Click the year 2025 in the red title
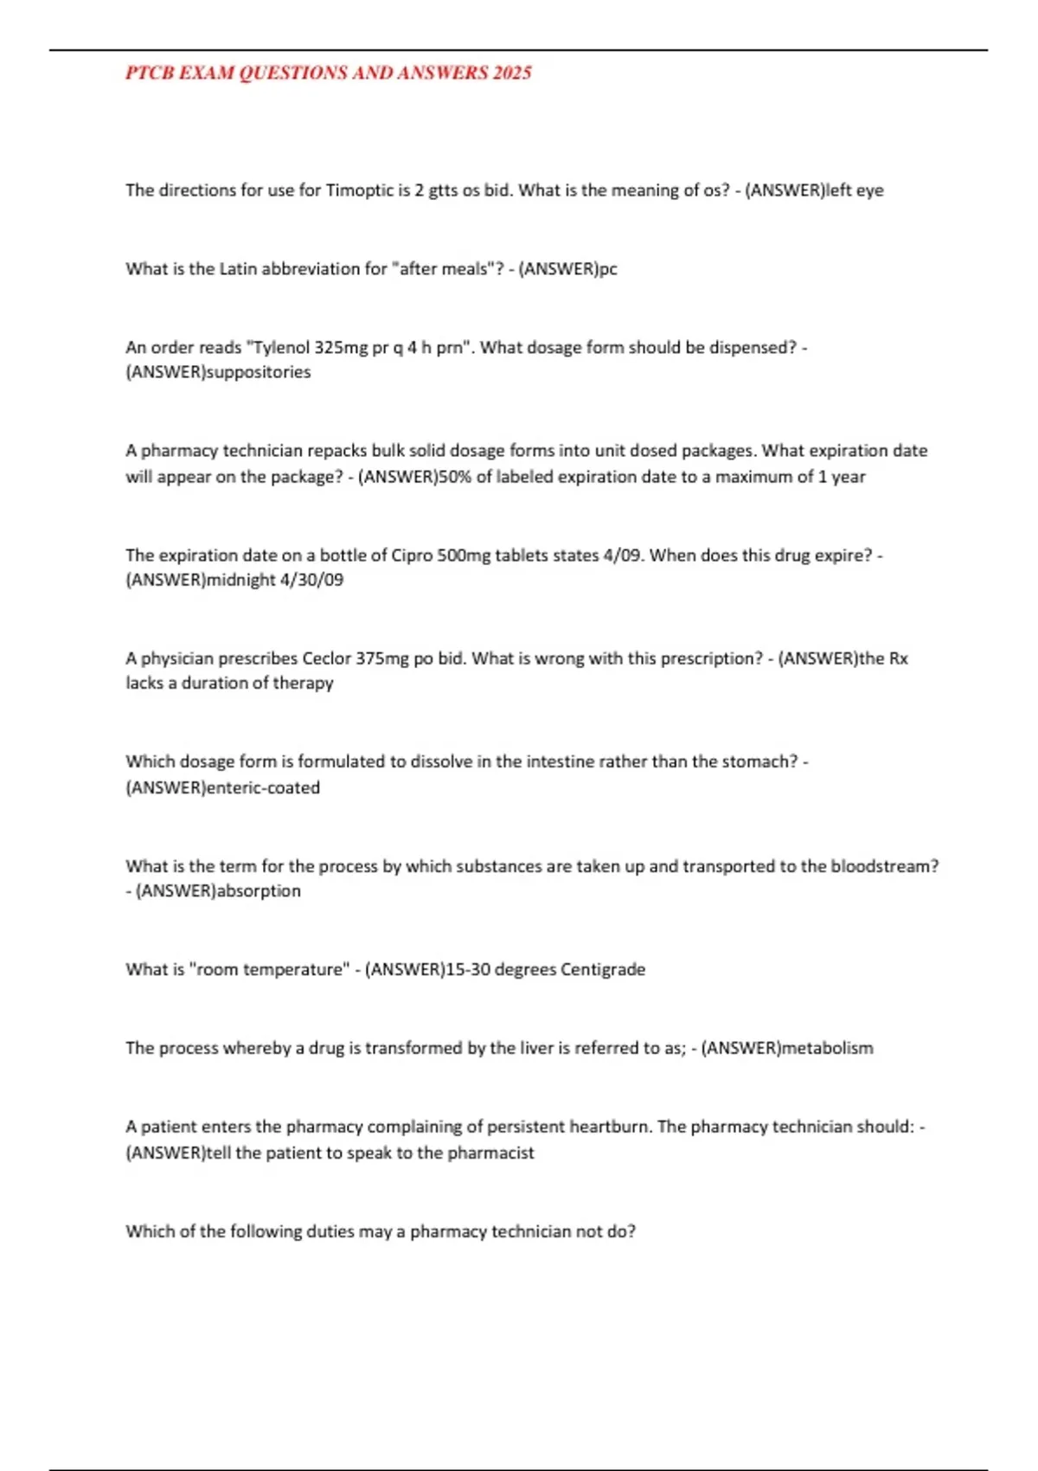click(512, 73)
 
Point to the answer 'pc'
click(608, 269)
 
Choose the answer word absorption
click(258, 891)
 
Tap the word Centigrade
click(603, 970)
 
